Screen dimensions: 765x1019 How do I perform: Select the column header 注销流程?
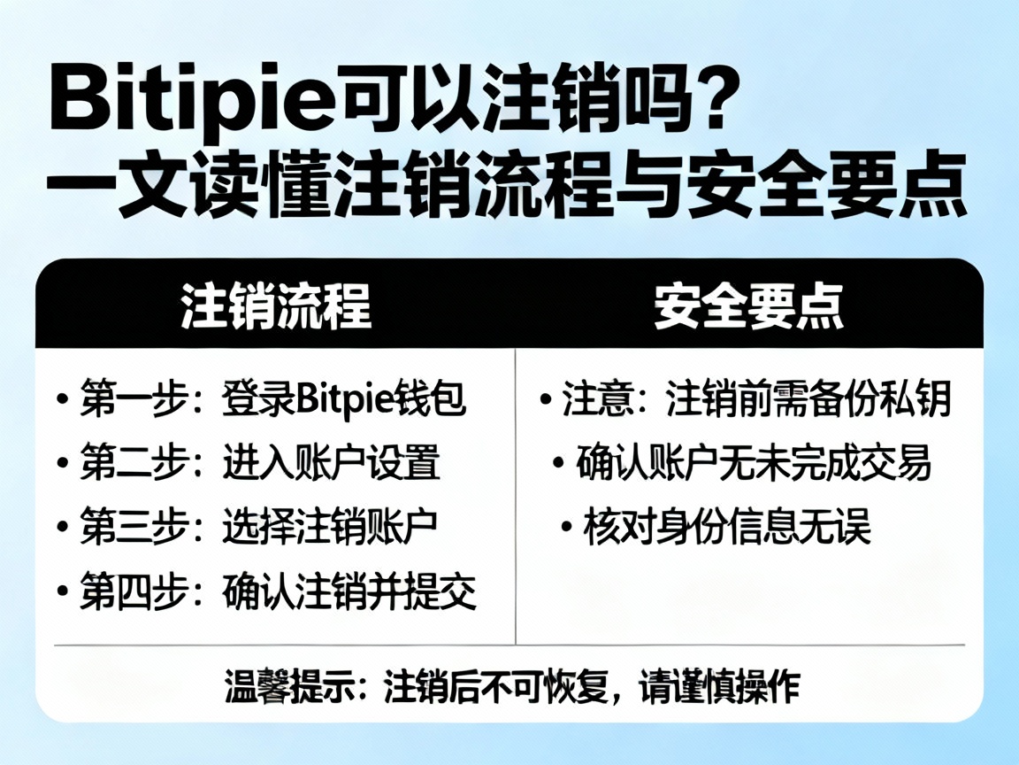point(275,308)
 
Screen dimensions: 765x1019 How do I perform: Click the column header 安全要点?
point(749,308)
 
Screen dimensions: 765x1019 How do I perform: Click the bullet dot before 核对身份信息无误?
point(566,529)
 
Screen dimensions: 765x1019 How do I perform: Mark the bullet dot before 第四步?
point(61,592)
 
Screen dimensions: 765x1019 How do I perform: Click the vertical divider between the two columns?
point(516,496)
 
